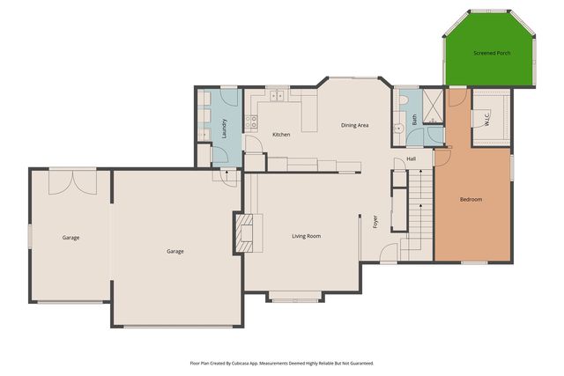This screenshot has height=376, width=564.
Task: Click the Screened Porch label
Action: [x=492, y=53]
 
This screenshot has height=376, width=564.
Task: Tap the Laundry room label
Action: [x=225, y=125]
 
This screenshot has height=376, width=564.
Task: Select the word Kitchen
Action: [x=281, y=135]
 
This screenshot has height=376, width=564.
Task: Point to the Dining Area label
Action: [x=354, y=125]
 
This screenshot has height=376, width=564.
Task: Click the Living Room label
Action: [x=306, y=236]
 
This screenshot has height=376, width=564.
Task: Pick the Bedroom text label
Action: [x=471, y=200]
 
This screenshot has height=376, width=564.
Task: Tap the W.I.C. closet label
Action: [x=486, y=118]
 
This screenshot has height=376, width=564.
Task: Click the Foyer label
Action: [x=375, y=220]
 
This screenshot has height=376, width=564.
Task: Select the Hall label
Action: [x=411, y=159]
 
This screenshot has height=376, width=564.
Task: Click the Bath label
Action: [x=414, y=120]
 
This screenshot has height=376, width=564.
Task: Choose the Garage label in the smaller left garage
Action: [x=70, y=238]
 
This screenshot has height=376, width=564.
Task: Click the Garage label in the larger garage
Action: [x=175, y=252]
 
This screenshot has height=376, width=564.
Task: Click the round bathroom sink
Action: [x=424, y=129]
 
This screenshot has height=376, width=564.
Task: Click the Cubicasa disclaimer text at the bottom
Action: [x=282, y=362]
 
